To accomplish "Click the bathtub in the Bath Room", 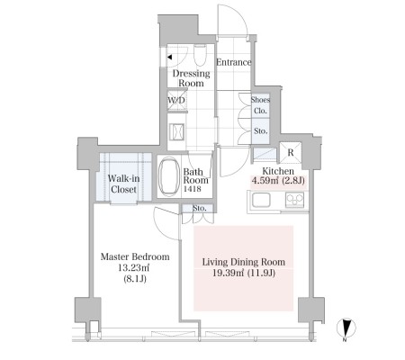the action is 169,176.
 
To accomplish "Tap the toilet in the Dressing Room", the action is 200,55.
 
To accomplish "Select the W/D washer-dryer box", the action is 176,100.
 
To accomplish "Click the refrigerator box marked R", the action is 290,152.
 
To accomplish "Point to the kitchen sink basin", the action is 261,200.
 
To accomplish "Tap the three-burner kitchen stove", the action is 294,200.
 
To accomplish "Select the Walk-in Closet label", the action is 123,184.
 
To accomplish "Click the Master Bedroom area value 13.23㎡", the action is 133,267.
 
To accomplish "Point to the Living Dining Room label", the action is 244,262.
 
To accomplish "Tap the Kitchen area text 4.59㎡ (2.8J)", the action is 278,181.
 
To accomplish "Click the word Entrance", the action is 234,62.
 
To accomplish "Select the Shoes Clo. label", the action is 260,105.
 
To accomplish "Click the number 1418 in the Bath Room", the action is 193,189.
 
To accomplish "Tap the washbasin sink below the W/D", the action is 176,131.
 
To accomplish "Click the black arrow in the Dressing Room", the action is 169,57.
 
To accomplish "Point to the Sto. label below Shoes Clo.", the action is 260,131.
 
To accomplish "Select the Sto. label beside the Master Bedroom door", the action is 199,208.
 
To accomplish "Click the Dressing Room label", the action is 191,78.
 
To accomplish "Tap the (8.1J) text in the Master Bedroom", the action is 135,279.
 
